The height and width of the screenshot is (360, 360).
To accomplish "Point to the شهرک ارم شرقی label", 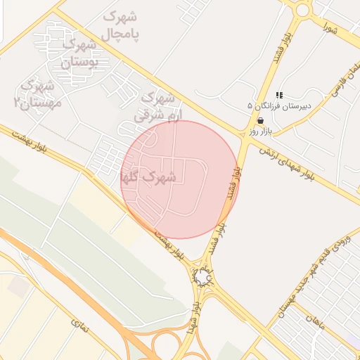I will pyautogui.click(x=158, y=105).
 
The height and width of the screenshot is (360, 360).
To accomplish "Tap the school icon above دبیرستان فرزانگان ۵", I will pyautogui.click(x=279, y=95).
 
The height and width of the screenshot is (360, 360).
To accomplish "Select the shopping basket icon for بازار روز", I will pyautogui.click(x=261, y=121).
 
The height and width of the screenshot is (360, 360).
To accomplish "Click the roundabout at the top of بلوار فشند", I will pyautogui.click(x=303, y=10).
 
